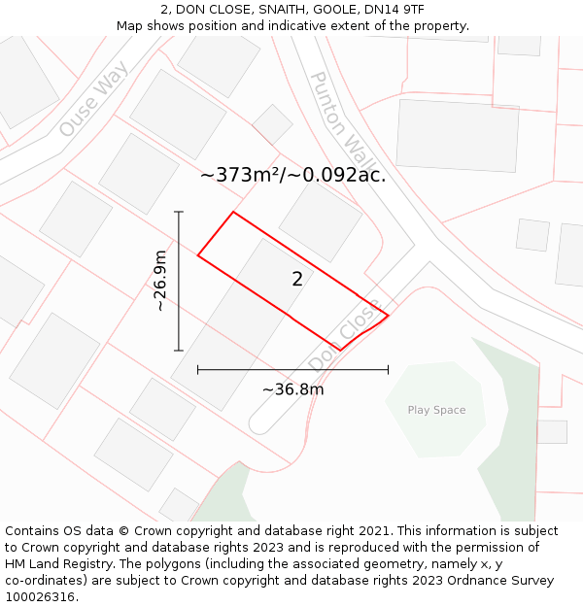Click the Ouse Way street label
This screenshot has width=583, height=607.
tap(94, 100)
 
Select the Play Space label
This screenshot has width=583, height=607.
tap(436, 410)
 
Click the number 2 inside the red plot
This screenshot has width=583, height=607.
tap(297, 280)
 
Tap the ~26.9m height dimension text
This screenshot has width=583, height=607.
tap(160, 281)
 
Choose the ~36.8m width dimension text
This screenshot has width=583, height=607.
tap(292, 389)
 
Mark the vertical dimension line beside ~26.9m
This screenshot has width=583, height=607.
tap(179, 281)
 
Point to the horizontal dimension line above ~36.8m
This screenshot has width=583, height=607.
tap(292, 369)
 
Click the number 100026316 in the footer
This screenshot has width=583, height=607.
tap(40, 597)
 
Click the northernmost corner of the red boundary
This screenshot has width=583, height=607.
tap(233, 212)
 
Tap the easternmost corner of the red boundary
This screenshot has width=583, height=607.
tap(388, 315)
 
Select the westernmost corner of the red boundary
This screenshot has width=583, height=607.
tap(198, 255)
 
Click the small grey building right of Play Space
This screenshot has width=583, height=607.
tap(551, 431)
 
